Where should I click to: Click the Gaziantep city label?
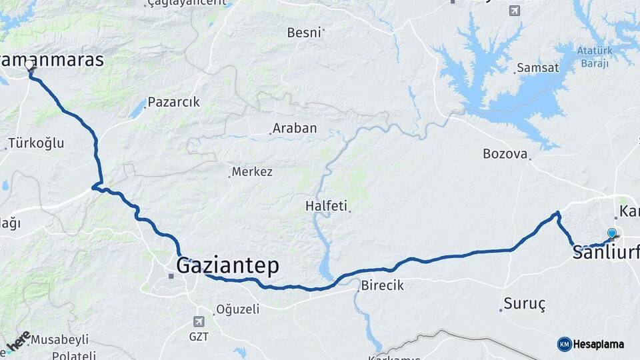[227, 265]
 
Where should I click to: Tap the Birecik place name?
[382, 285]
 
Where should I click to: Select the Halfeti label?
[326, 205]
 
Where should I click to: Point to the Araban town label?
[294, 128]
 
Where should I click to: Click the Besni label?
[304, 32]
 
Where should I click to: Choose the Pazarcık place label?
[173, 103]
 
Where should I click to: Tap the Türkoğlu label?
[35, 143]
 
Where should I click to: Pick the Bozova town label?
[505, 154]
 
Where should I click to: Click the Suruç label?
[524, 304]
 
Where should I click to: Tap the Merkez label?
[252, 172]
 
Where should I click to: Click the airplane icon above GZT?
[198, 321]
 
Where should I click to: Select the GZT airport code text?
[199, 337]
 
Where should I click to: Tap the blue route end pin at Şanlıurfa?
[611, 233]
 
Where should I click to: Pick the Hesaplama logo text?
[599, 344]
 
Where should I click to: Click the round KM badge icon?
[564, 344]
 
